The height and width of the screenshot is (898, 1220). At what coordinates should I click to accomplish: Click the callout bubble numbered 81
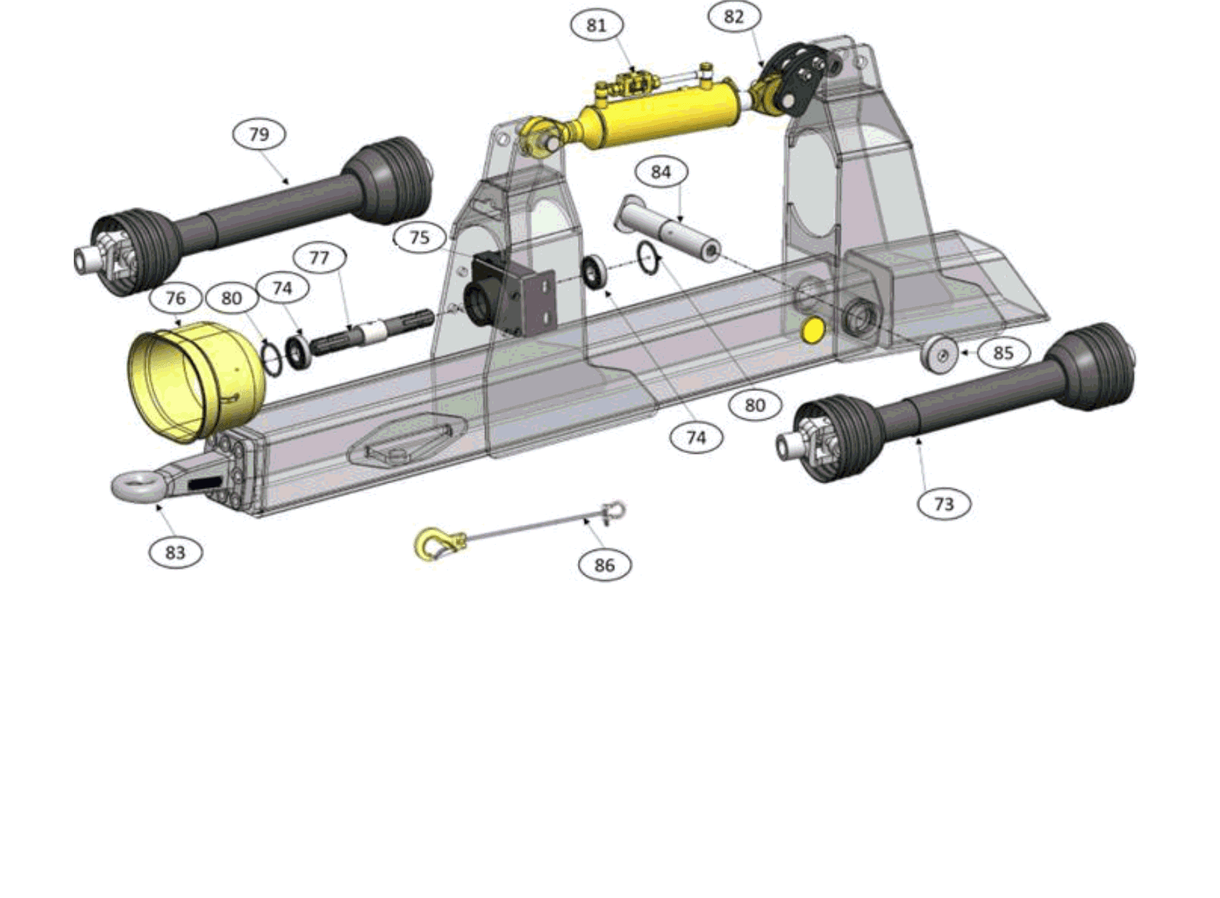(597, 25)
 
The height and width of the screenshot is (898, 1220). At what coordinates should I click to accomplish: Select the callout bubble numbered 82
(734, 16)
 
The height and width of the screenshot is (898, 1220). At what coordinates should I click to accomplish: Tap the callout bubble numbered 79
(260, 134)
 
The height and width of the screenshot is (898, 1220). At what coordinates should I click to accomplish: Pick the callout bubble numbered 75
(419, 238)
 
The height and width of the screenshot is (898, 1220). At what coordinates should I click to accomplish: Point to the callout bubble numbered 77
(320, 258)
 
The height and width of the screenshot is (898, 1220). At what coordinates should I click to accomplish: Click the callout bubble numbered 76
(176, 298)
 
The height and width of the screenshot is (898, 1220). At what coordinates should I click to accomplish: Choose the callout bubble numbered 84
(661, 172)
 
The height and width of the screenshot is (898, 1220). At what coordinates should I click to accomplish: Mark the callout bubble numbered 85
(1003, 353)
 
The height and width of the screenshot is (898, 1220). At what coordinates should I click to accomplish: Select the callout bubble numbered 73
(944, 504)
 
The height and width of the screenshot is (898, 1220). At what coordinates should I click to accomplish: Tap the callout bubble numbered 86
(605, 565)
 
